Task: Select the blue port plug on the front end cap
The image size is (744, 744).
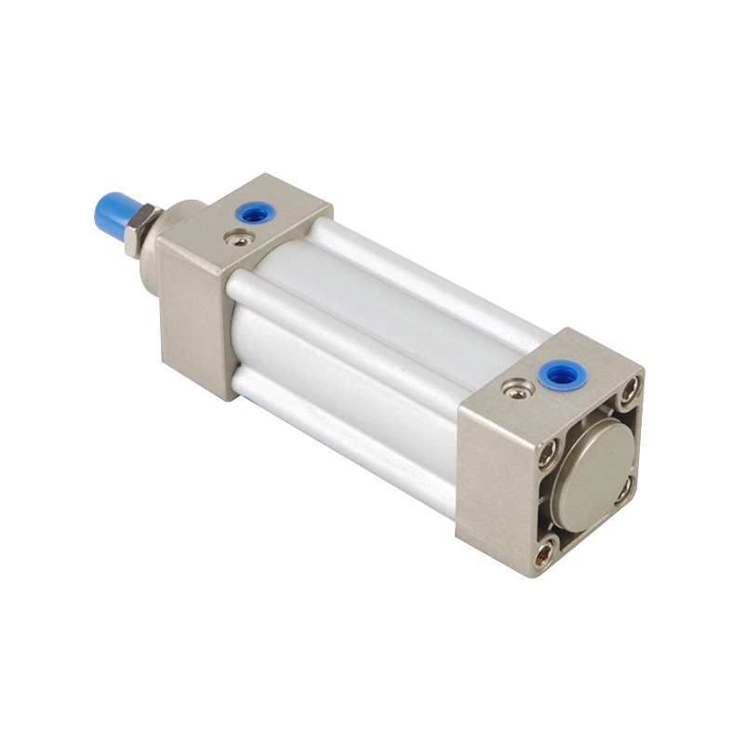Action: (x=255, y=215)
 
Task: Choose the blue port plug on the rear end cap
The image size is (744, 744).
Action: (x=559, y=375)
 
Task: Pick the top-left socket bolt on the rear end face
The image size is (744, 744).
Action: (x=550, y=455)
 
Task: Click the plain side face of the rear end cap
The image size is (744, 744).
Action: (x=494, y=484)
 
